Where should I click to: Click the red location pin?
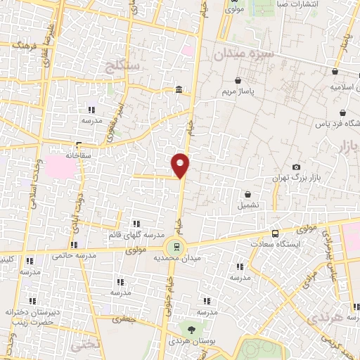[181, 165]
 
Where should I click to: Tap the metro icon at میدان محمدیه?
[175, 246]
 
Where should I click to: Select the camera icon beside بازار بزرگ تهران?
[296, 166]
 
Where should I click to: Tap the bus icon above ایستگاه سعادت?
[274, 233]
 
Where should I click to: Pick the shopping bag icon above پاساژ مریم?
[240, 79]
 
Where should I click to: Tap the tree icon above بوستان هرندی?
[189, 329]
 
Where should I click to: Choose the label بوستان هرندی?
[188, 341]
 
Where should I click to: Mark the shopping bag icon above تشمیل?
[247, 194]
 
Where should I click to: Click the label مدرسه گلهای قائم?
[138, 233]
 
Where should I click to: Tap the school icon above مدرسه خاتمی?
[30, 259]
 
